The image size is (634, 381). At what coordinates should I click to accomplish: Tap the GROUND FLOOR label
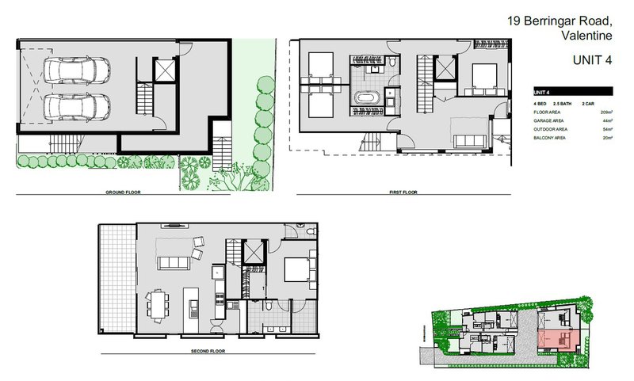pyautogui.click(x=124, y=192)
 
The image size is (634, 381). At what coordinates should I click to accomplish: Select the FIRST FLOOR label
pyautogui.click(x=403, y=192)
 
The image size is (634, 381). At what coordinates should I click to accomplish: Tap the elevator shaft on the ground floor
pyautogui.click(x=162, y=71)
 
